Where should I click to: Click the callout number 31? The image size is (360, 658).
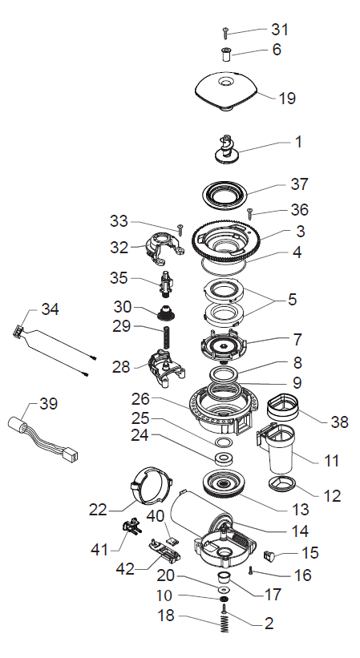[279, 30]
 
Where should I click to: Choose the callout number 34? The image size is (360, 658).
[50, 309]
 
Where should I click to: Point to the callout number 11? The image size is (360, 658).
[331, 461]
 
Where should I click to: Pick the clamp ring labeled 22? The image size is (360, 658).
[153, 486]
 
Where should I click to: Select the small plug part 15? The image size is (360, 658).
[269, 555]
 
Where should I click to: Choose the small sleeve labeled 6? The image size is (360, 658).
[227, 54]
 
